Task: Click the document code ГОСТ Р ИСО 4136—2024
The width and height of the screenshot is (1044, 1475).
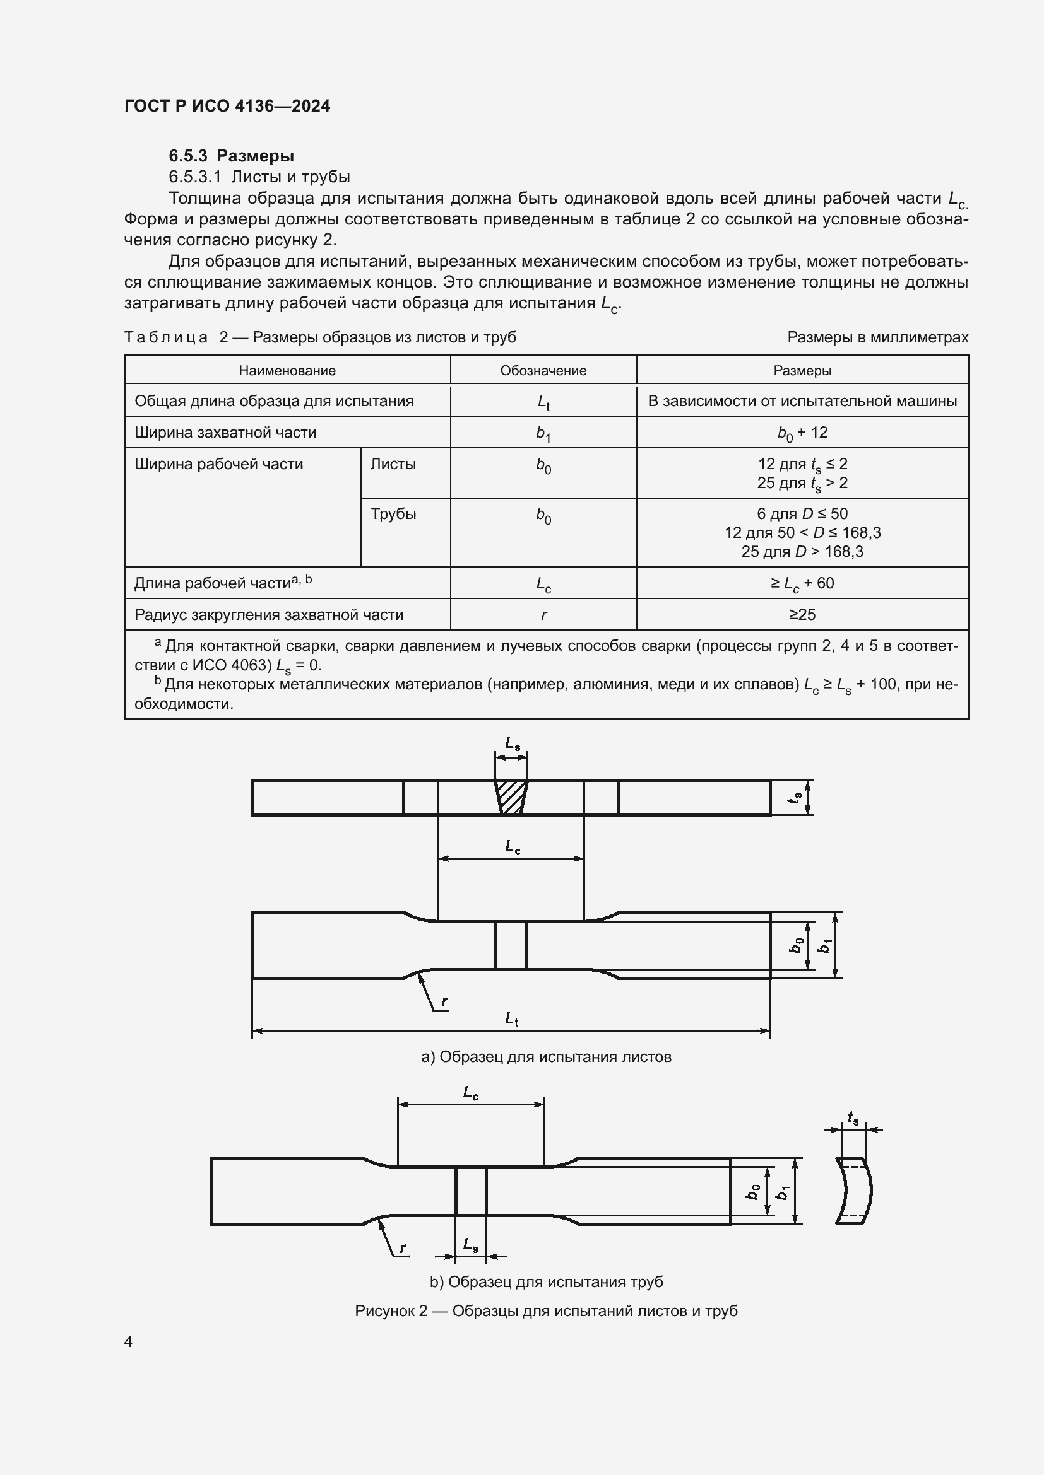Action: click(227, 106)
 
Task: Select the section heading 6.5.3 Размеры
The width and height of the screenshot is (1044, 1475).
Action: click(232, 156)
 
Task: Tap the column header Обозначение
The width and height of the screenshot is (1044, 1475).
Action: click(543, 371)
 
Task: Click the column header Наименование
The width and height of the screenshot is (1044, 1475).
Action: click(287, 371)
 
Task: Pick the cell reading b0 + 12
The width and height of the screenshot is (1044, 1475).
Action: click(802, 433)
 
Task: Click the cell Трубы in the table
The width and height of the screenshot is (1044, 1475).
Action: click(393, 514)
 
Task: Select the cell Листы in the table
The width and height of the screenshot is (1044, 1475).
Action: click(393, 464)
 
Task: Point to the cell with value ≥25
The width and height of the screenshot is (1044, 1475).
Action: click(802, 615)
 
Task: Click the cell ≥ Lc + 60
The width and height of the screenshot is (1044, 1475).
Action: click(802, 583)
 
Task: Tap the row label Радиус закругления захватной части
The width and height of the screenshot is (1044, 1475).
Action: click(269, 615)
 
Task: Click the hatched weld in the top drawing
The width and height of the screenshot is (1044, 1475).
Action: click(511, 797)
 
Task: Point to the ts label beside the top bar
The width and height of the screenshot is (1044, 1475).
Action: click(796, 797)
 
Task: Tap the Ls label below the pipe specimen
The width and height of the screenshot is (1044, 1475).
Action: click(471, 1244)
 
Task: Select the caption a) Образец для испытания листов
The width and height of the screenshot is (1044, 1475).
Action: click(546, 1057)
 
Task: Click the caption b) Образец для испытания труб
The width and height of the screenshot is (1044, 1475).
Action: click(546, 1281)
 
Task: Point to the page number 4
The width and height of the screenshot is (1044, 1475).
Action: click(129, 1341)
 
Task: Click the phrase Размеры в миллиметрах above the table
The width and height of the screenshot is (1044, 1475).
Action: click(877, 337)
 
